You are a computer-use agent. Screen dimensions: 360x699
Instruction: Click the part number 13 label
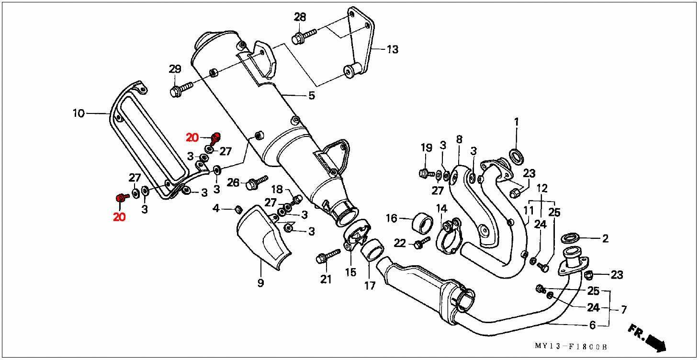tap(392, 49)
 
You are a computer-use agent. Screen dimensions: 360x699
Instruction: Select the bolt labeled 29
tap(180, 90)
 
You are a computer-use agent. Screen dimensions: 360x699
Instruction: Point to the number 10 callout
tap(79, 113)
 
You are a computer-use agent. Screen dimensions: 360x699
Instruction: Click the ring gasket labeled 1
tap(516, 155)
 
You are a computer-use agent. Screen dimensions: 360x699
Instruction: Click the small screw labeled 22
tap(421, 243)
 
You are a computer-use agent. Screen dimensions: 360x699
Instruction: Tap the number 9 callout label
tap(260, 283)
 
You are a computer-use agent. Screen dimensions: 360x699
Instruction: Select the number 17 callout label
tap(370, 286)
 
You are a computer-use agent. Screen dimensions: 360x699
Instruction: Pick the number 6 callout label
tap(592, 326)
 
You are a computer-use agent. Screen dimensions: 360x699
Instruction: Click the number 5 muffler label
tap(312, 95)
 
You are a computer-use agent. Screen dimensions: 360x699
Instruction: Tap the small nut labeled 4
tap(237, 209)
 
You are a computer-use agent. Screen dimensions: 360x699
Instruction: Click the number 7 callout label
tap(623, 310)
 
